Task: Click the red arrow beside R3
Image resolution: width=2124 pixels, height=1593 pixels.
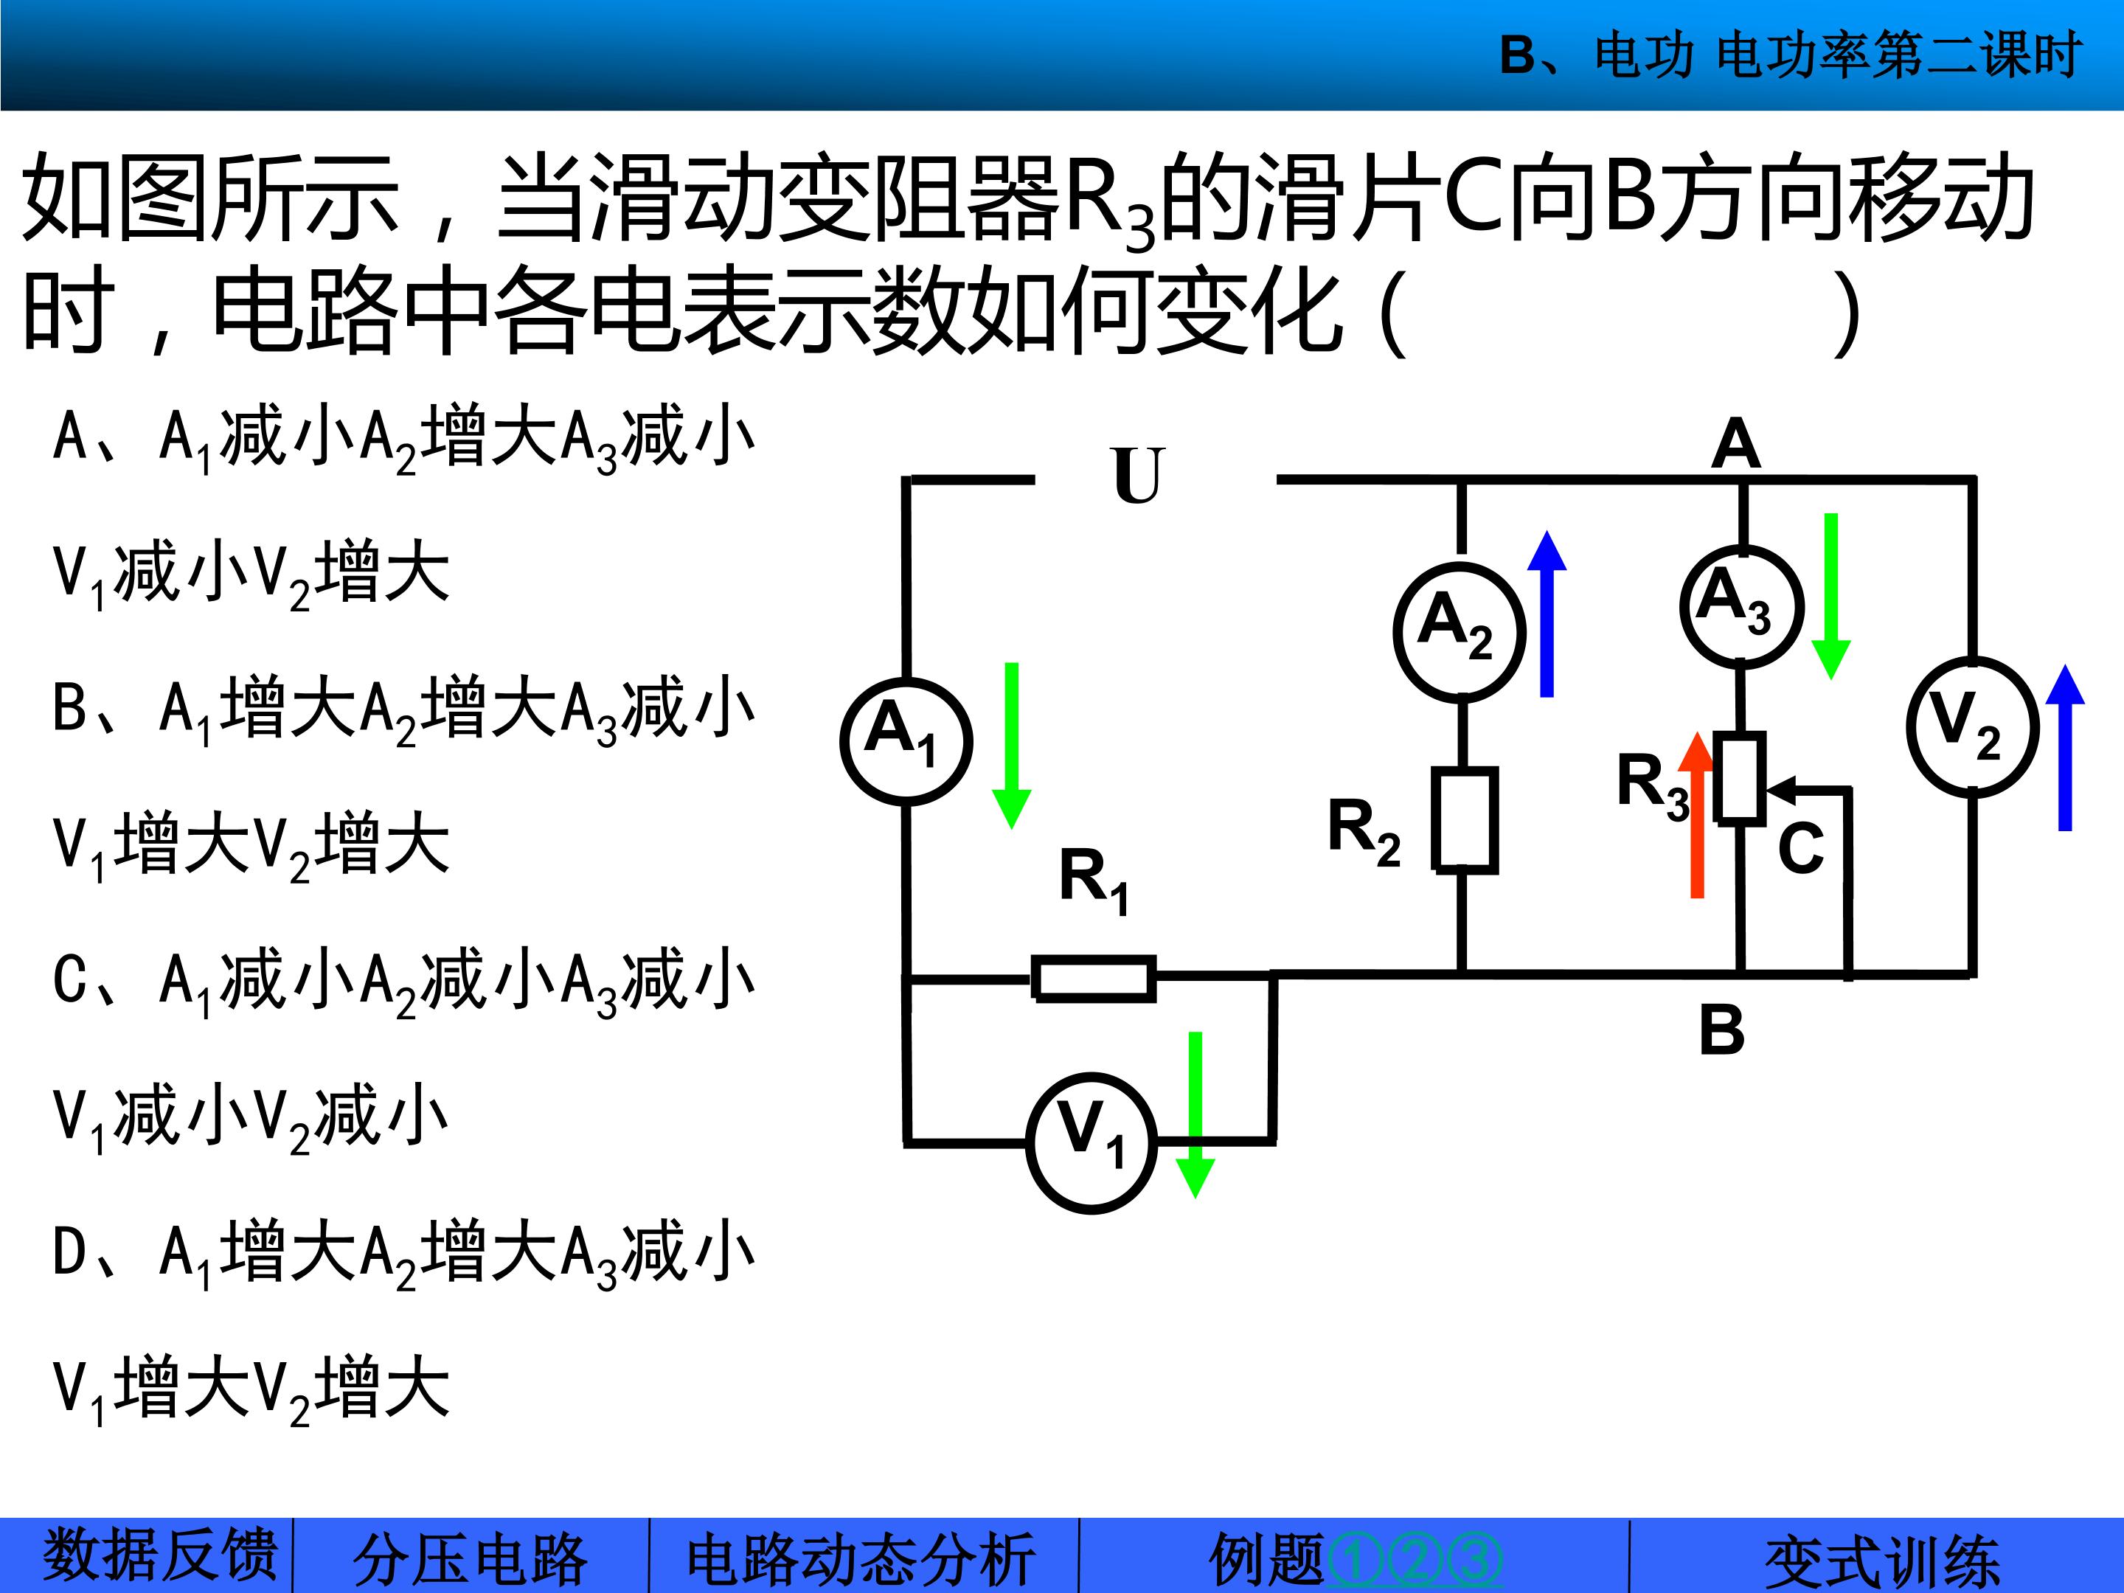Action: point(1697,814)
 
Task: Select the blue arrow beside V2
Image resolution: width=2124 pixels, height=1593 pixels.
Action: point(2064,747)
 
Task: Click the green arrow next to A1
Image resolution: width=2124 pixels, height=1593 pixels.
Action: point(1010,745)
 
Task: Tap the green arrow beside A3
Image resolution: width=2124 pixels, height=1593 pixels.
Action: point(1830,597)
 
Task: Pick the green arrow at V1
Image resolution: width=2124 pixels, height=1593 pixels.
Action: point(1195,1115)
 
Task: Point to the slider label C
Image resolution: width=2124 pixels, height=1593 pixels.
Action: point(1800,849)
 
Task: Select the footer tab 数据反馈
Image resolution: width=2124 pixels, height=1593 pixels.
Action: point(159,1555)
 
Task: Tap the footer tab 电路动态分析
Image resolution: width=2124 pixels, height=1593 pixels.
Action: point(861,1558)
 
